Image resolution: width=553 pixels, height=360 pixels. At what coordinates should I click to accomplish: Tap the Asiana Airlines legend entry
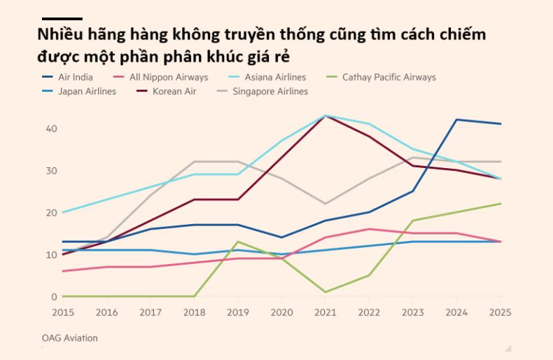click(x=274, y=77)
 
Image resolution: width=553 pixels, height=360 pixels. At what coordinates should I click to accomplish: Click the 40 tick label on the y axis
click(x=50, y=128)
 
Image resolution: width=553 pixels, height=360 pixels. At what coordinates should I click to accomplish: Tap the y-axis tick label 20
click(x=50, y=212)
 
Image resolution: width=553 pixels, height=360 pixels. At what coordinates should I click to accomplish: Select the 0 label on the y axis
click(x=53, y=296)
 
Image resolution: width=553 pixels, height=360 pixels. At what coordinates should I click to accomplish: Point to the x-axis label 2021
click(x=325, y=311)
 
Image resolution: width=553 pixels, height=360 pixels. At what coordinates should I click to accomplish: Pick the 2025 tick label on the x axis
click(x=500, y=311)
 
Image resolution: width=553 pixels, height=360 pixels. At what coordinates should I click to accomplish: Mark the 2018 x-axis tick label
click(x=193, y=311)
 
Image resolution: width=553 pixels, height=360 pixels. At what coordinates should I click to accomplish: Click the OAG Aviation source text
click(x=69, y=338)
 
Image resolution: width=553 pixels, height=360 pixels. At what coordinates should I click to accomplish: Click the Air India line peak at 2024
click(x=456, y=120)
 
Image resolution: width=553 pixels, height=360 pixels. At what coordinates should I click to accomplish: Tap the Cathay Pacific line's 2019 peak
click(x=238, y=242)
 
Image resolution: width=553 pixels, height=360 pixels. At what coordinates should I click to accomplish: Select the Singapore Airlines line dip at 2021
click(x=325, y=204)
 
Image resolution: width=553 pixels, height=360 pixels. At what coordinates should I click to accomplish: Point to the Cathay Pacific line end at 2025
click(x=500, y=204)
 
